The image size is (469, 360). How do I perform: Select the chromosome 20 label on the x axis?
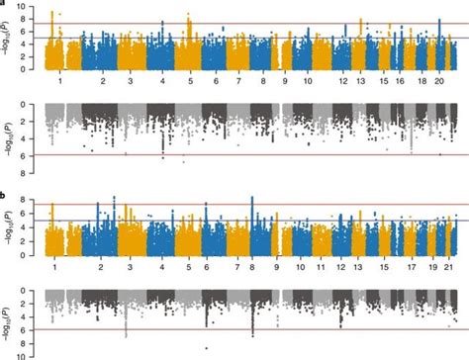click(x=439, y=78)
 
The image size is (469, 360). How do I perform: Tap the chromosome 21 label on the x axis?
click(x=451, y=267)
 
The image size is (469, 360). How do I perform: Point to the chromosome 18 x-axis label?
click(x=422, y=78)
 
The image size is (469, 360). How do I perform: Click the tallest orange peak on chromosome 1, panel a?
click(x=51, y=12)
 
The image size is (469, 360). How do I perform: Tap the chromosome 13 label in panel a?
click(x=361, y=78)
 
